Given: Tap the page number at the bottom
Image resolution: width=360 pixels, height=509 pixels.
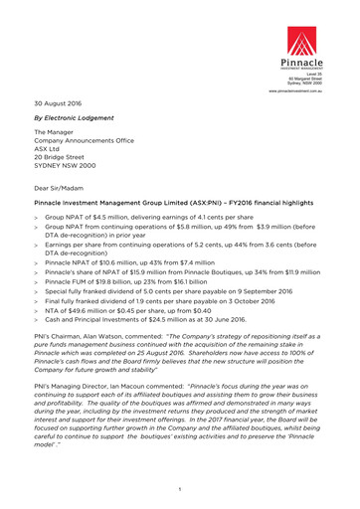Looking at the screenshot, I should [179, 490].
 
